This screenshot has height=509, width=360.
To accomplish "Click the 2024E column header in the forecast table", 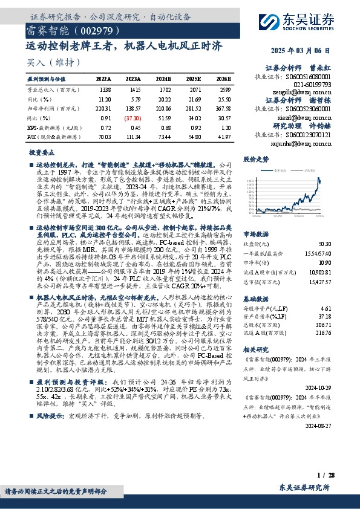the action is coord(163,79).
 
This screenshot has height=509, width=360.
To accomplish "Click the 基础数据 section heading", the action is coord(255,282).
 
